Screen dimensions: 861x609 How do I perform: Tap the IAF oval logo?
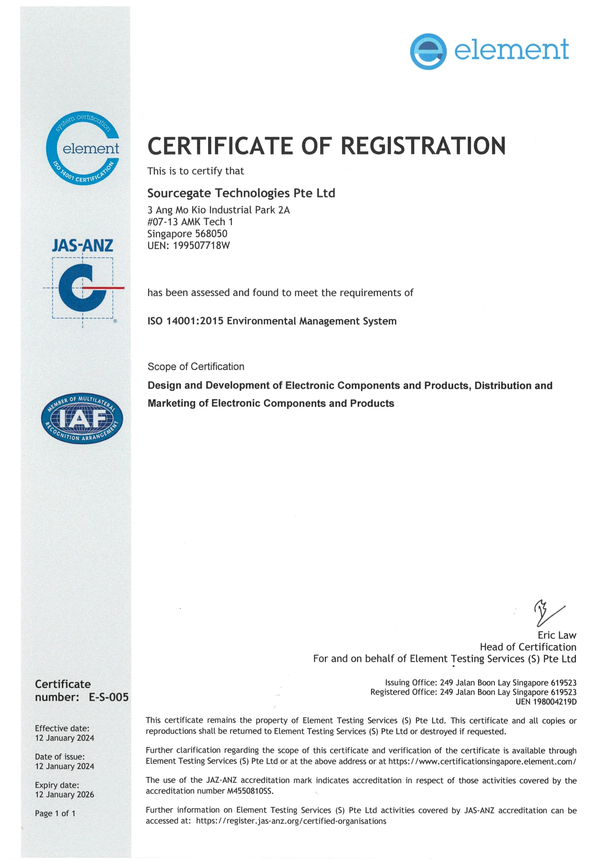(x=82, y=418)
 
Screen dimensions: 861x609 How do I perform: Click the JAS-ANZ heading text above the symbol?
(x=82, y=246)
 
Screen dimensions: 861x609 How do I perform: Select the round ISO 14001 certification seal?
(x=82, y=148)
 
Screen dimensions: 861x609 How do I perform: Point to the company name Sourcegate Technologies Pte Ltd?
(x=241, y=193)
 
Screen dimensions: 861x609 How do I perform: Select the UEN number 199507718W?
(x=201, y=246)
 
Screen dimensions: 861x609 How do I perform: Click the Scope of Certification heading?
(x=196, y=366)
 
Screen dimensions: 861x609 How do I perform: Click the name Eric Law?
(x=557, y=635)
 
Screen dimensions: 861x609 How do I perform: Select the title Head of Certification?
(x=528, y=647)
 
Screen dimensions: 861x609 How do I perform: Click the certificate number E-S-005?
(x=108, y=697)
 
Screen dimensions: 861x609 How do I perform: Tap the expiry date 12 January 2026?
(x=65, y=794)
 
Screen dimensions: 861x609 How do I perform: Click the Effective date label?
(x=62, y=728)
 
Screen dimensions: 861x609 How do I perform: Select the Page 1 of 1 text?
(x=55, y=813)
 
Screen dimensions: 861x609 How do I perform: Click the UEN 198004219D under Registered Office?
(x=546, y=702)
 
